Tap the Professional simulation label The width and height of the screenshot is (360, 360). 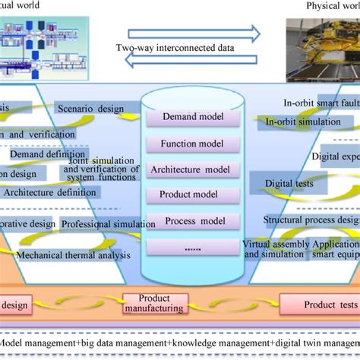tap(101, 224)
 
